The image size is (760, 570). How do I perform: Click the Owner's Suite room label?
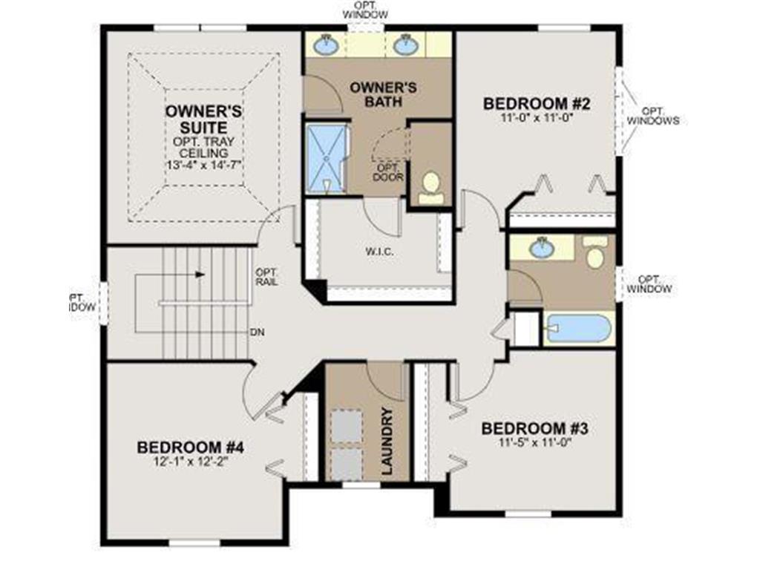click(x=203, y=119)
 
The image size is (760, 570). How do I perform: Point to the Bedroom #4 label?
click(x=191, y=448)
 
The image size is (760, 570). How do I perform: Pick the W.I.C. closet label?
click(x=379, y=252)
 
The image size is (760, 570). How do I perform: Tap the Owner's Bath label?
click(x=383, y=94)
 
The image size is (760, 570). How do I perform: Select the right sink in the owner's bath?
click(x=405, y=46)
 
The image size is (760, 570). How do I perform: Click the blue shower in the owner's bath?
click(x=327, y=158)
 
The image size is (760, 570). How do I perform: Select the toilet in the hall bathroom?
click(x=594, y=253)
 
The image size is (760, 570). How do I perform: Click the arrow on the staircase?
click(x=200, y=274)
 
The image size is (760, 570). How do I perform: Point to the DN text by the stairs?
click(x=258, y=332)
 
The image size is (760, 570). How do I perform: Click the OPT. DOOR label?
click(x=387, y=171)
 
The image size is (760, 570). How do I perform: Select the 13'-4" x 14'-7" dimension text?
click(x=204, y=163)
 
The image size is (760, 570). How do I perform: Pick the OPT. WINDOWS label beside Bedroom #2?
click(x=652, y=114)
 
